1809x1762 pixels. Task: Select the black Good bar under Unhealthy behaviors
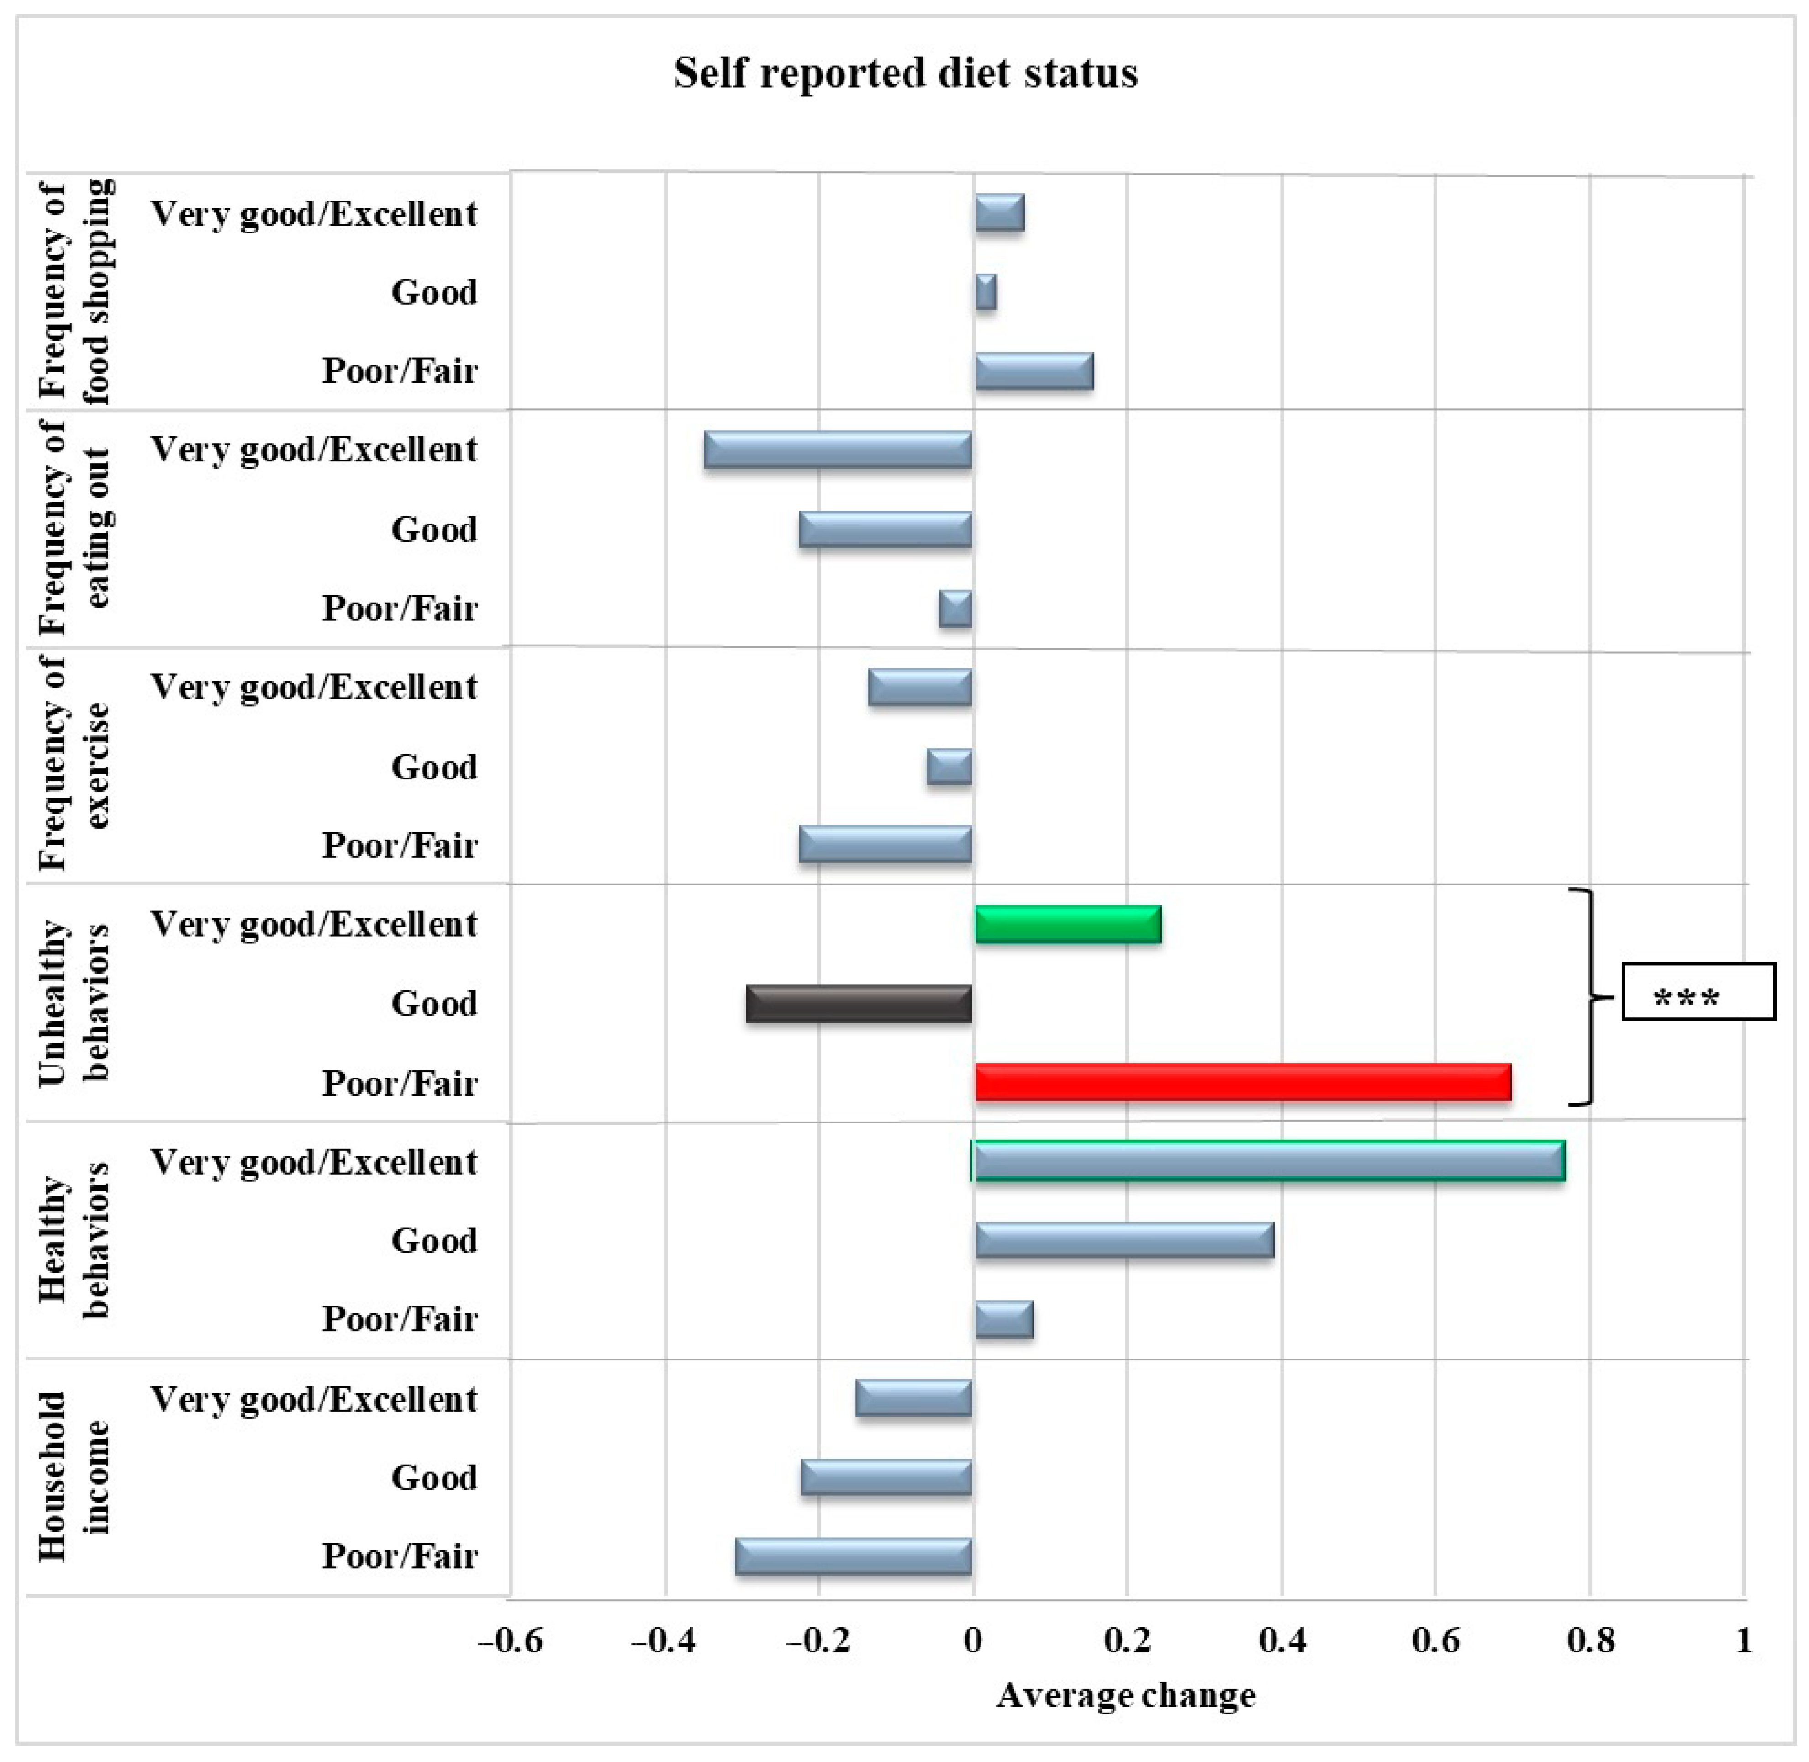pyautogui.click(x=859, y=1004)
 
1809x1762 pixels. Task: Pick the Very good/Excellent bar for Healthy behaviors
pyautogui.click(x=1269, y=1161)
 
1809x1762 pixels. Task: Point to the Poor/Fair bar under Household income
pyautogui.click(x=853, y=1556)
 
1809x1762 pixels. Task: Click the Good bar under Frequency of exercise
pyautogui.click(x=949, y=767)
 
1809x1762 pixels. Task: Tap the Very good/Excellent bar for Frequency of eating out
pyautogui.click(x=838, y=450)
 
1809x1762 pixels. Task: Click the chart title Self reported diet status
pyautogui.click(x=905, y=73)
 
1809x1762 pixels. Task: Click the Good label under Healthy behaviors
pyautogui.click(x=434, y=1240)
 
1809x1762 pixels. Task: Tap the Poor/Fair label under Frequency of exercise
pyautogui.click(x=400, y=845)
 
